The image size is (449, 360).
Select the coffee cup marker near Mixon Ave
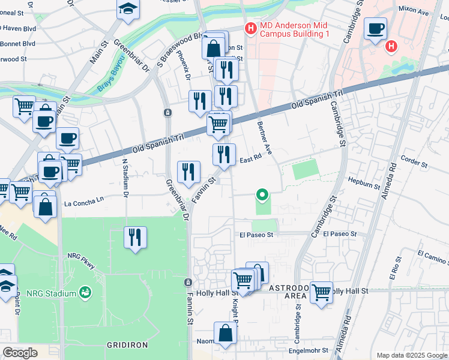pos(375,29)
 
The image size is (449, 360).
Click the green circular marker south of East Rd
pos(262,194)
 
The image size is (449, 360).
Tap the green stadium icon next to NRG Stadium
pos(86,292)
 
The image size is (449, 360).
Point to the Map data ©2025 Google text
pos(411,355)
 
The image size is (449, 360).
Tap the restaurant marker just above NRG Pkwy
pos(135,237)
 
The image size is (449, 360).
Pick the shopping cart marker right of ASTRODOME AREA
pos(321,292)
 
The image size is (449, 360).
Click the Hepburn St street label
pos(364,183)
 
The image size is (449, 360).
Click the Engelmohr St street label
pos(309,350)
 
